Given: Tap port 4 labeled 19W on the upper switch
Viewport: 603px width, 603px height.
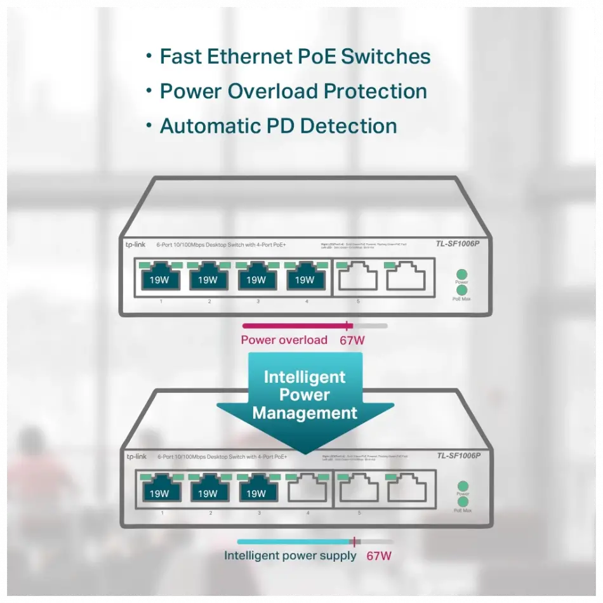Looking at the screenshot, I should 305,279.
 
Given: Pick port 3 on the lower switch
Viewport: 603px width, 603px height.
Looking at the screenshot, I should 256,491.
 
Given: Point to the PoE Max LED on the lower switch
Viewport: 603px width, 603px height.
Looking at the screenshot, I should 462,501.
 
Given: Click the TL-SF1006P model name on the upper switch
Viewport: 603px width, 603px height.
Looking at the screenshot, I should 458,243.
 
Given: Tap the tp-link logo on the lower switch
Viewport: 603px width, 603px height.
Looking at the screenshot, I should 136,456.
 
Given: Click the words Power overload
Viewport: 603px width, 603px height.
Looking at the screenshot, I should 284,340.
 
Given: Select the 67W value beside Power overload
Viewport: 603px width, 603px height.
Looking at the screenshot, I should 352,340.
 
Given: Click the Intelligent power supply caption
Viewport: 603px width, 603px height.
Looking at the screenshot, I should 290,556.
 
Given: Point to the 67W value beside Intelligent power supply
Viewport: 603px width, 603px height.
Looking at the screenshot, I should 379,556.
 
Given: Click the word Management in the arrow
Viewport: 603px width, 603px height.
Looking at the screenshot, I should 305,413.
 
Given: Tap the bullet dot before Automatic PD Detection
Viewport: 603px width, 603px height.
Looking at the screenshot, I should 149,125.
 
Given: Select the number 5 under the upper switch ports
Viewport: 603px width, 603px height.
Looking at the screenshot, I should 358,301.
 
